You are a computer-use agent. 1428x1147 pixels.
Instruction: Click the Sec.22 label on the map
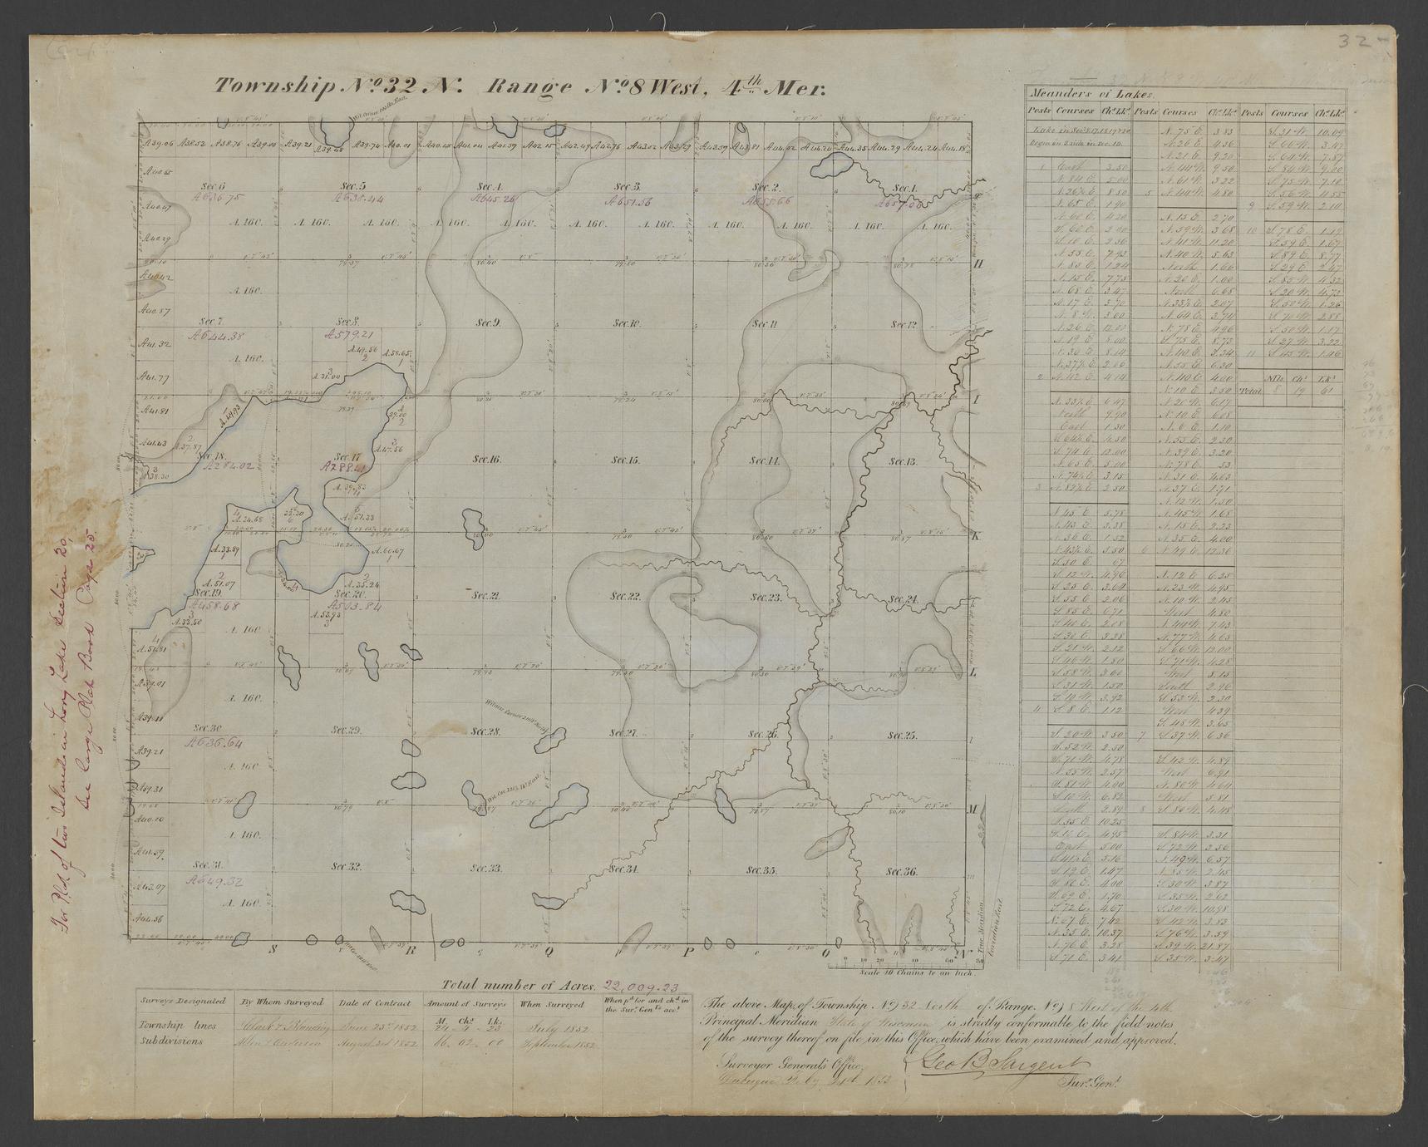[624, 596]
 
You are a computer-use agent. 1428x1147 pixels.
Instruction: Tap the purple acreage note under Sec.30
[214, 742]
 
